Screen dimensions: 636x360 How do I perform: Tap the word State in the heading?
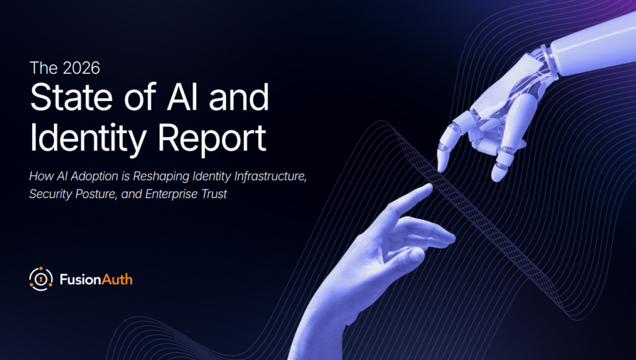click(71, 97)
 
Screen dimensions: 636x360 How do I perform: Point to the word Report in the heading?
click(212, 138)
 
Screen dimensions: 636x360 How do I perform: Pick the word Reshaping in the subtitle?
click(161, 176)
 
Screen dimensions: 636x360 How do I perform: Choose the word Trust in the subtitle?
click(214, 194)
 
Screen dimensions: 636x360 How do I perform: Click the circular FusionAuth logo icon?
click(41, 279)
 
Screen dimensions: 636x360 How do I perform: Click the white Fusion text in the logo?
click(80, 279)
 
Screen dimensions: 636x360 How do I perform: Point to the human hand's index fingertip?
click(428, 188)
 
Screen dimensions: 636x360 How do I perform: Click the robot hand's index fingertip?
click(442, 165)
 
